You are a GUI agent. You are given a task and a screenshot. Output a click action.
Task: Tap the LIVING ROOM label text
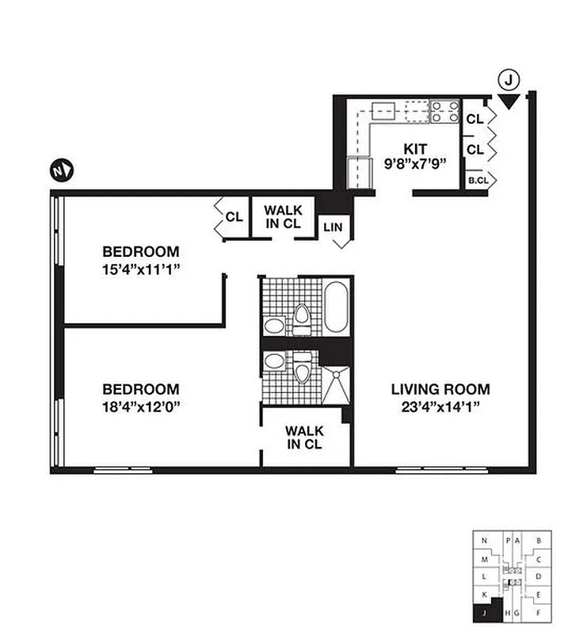[x=440, y=389]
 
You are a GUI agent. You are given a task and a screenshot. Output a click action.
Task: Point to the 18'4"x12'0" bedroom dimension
[x=143, y=407]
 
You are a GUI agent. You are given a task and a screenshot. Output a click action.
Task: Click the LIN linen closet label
[x=333, y=227]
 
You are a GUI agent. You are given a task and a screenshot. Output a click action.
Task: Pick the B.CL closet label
[x=477, y=180]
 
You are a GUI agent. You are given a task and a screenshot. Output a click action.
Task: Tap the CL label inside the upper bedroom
[x=234, y=216]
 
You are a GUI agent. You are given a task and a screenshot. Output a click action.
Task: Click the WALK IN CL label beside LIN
[x=283, y=216]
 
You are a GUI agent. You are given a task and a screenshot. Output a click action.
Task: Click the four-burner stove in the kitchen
[x=444, y=112]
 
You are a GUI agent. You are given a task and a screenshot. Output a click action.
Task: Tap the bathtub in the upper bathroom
[x=336, y=307]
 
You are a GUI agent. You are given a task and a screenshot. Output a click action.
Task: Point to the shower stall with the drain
[x=335, y=386]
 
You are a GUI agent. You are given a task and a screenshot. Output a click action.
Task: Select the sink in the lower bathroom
[x=275, y=362]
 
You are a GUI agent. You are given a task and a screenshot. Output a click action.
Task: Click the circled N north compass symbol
[x=61, y=170]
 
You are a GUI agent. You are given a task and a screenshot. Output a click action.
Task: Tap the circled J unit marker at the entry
[x=509, y=79]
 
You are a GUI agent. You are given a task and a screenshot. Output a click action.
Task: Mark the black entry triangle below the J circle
[x=509, y=101]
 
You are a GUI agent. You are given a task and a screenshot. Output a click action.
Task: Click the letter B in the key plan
[x=539, y=541]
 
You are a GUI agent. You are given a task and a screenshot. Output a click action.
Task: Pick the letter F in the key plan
[x=539, y=613]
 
